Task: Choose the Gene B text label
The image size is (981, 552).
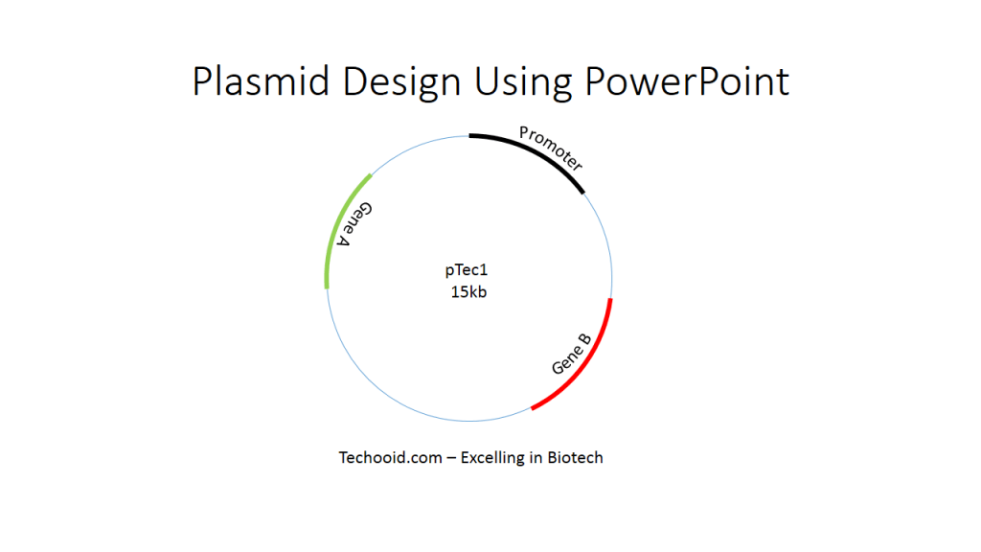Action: pyautogui.click(x=571, y=354)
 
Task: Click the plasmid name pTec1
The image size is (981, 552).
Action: pyautogui.click(x=467, y=272)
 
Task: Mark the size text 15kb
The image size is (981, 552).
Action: pyautogui.click(x=468, y=292)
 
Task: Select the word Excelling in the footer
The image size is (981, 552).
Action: pyautogui.click(x=492, y=458)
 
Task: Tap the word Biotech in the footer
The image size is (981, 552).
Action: pyautogui.click(x=575, y=458)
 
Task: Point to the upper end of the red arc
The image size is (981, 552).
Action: pyautogui.click(x=610, y=300)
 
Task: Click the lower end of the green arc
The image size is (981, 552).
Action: pyautogui.click(x=327, y=285)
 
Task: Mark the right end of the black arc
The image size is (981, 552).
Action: pyautogui.click(x=582, y=192)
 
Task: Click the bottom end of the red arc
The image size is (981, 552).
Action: pyautogui.click(x=533, y=409)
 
